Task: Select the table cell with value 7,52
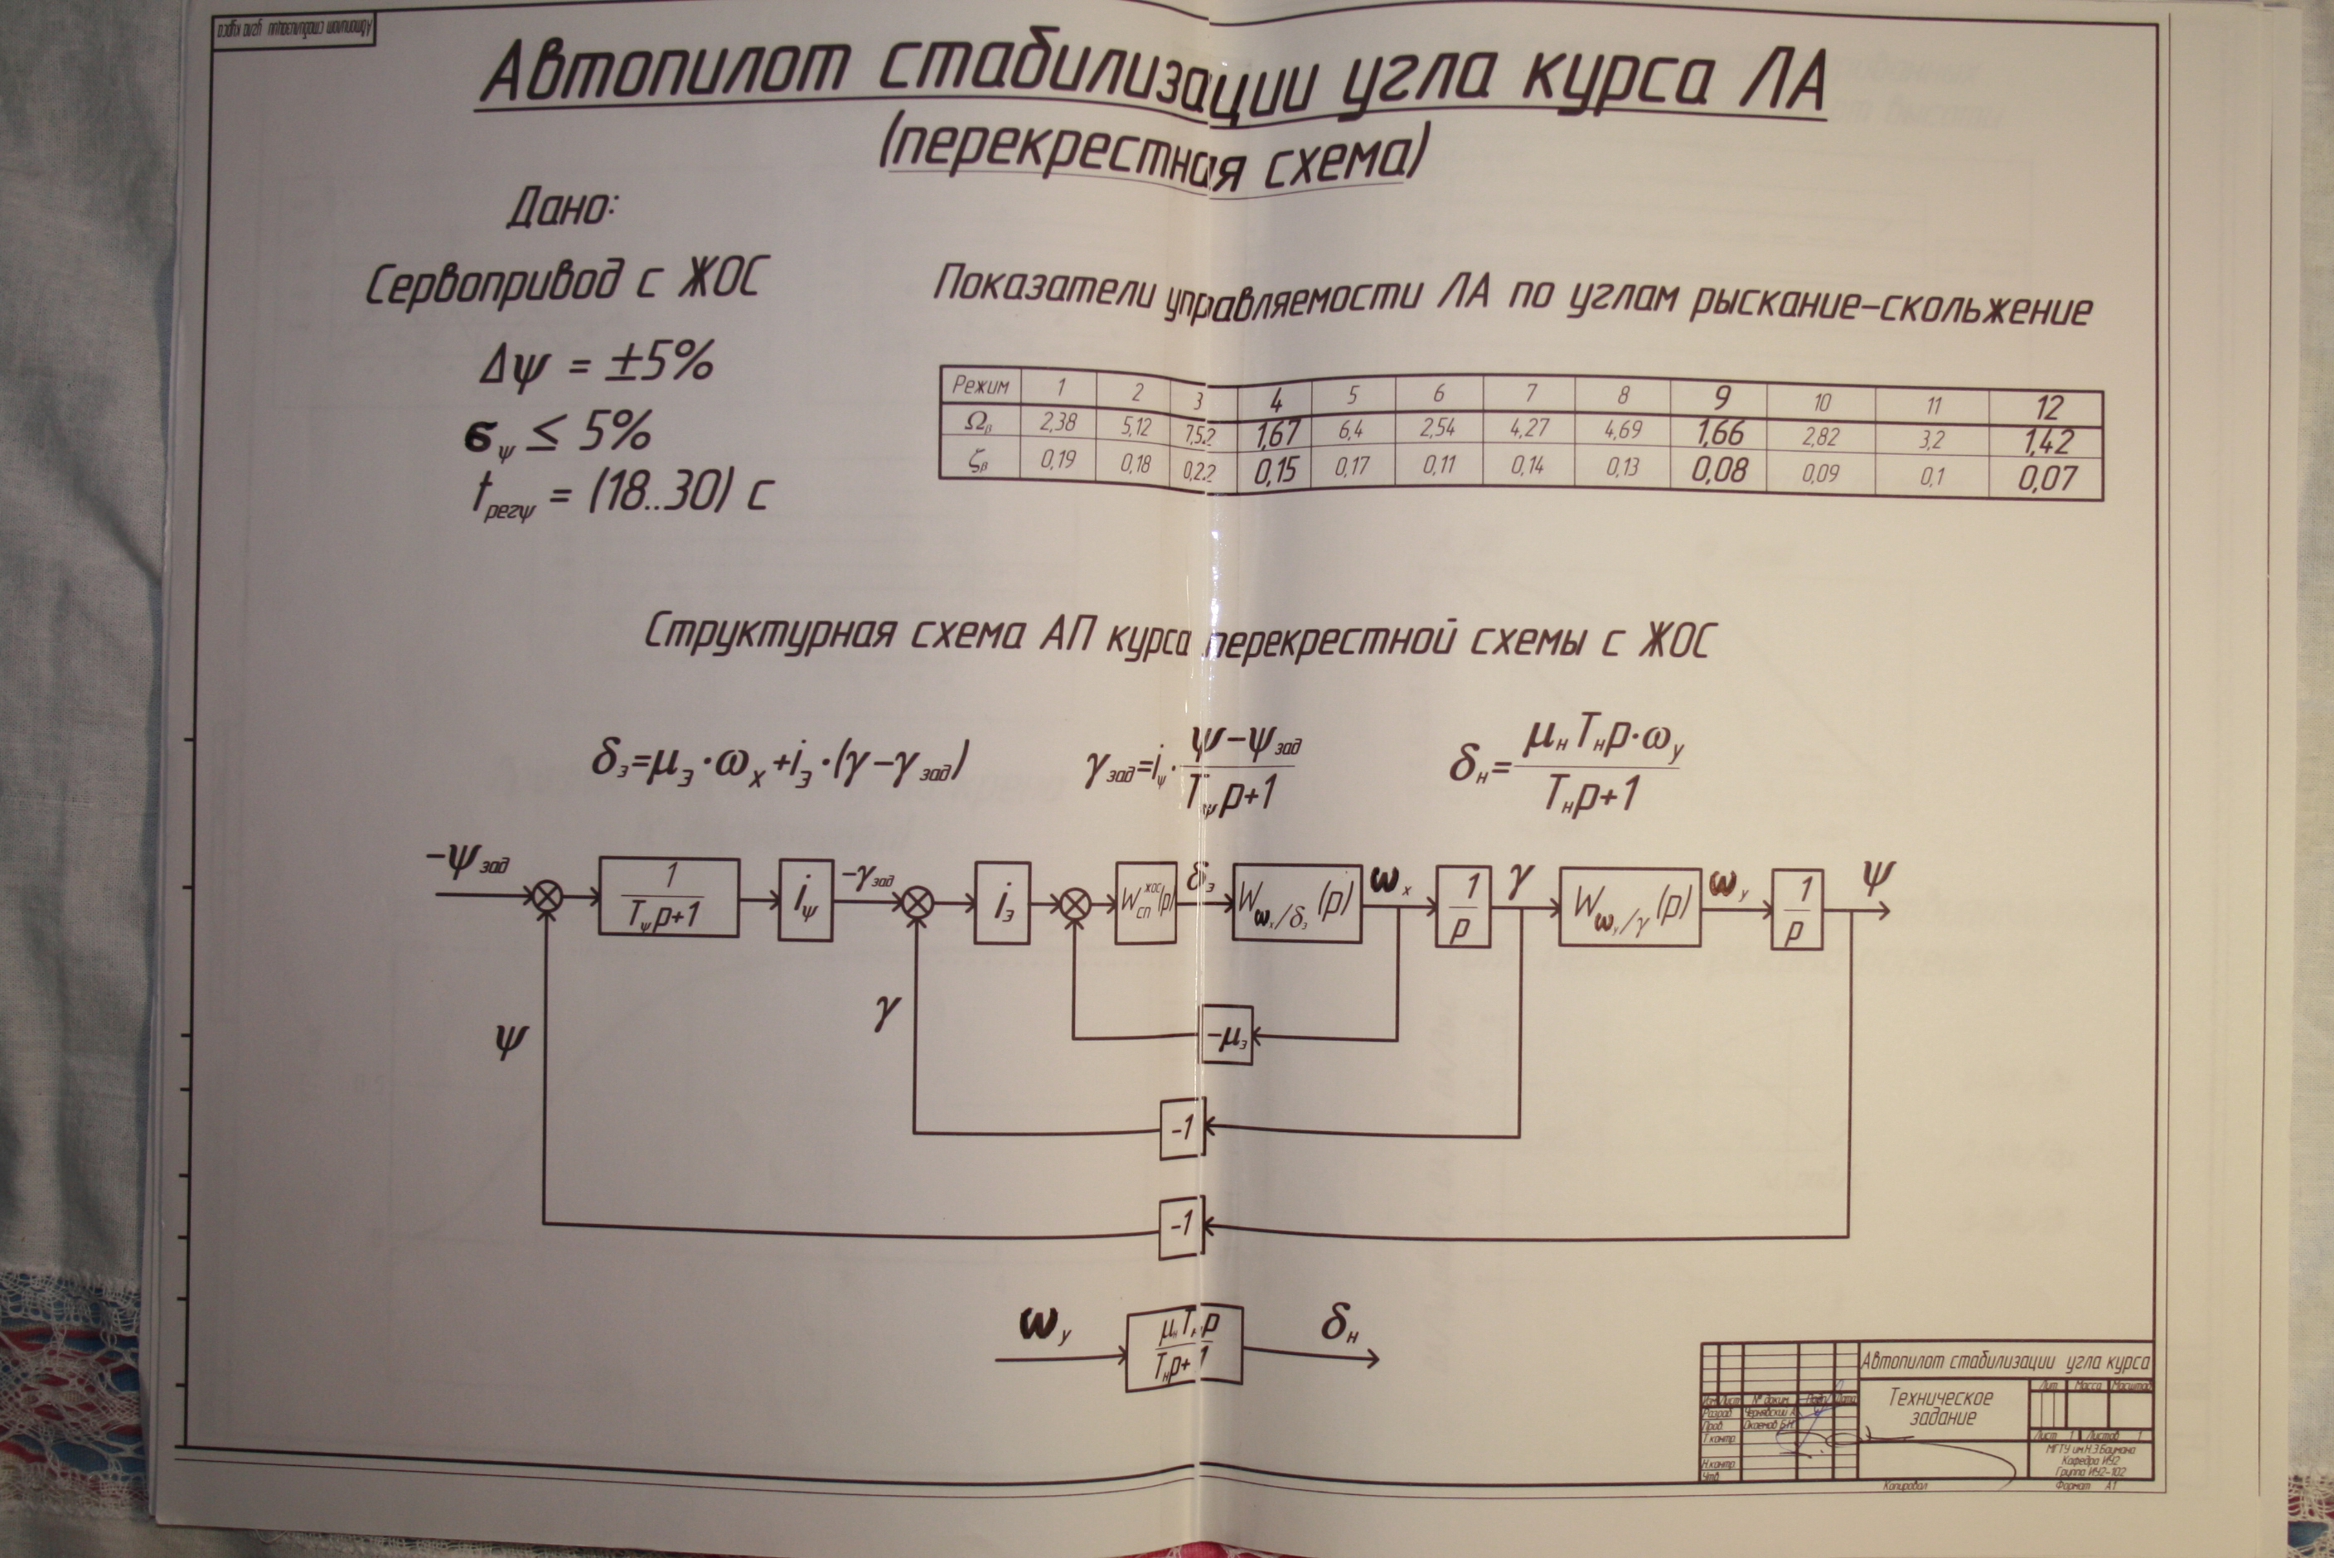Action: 1199,434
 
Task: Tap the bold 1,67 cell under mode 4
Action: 1276,434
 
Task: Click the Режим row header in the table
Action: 980,385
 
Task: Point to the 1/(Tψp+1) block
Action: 669,898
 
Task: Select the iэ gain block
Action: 1001,903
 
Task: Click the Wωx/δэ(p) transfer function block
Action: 1296,903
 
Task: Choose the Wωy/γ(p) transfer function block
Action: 1629,906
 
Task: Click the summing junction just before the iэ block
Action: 916,902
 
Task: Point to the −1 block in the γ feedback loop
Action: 1181,1128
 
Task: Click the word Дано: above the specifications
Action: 563,209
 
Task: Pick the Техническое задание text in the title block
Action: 1940,1408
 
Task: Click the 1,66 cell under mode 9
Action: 1718,433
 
